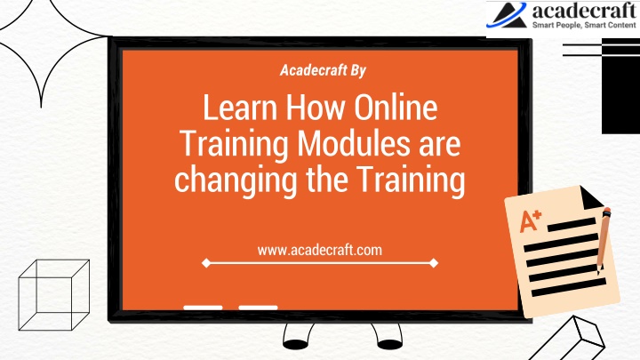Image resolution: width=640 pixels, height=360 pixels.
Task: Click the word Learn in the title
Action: tap(240, 108)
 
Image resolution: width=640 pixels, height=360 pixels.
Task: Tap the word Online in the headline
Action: tap(396, 108)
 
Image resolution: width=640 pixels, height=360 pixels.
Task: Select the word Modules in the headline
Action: tap(354, 143)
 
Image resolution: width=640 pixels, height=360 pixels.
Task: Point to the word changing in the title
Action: tap(236, 180)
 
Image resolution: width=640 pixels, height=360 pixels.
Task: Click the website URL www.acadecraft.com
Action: tap(320, 250)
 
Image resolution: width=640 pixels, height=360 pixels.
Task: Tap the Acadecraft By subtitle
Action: tap(323, 70)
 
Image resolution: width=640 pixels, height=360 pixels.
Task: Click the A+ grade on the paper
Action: tap(530, 220)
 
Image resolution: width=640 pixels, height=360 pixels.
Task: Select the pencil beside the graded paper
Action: tap(603, 241)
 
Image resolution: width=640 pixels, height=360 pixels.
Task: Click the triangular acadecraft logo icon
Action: tap(507, 15)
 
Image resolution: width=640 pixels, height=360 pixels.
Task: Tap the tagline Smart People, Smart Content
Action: tap(584, 25)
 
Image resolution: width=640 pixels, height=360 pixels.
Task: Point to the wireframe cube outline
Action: tap(54, 295)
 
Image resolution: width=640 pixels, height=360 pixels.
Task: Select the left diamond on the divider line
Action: tap(206, 263)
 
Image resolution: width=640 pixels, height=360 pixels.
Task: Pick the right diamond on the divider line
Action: tap(434, 263)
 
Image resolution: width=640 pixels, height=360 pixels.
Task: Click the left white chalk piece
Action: tap(203, 308)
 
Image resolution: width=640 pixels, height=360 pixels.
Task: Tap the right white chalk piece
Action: tap(258, 308)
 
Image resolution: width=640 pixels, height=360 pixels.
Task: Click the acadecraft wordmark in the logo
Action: tap(584, 11)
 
